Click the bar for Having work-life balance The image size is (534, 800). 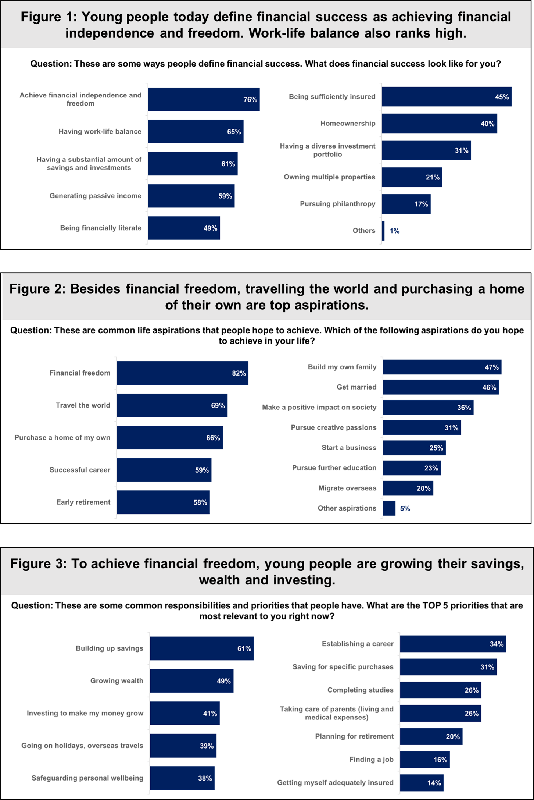pyautogui.click(x=196, y=131)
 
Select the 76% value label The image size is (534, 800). pyautogui.click(x=250, y=100)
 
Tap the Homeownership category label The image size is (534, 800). pyautogui.click(x=348, y=124)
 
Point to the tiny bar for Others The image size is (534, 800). pyautogui.click(x=383, y=231)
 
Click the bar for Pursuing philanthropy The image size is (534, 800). pyautogui.click(x=406, y=204)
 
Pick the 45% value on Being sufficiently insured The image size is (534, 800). pyautogui.click(x=502, y=97)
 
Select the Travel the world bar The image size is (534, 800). pyautogui.click(x=172, y=405)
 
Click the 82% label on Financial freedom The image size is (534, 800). pyautogui.click(x=239, y=373)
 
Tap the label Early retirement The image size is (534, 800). pyautogui.click(x=83, y=502)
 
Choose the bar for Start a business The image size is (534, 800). pyautogui.click(x=414, y=448)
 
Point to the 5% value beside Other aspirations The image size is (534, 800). pyautogui.click(x=405, y=508)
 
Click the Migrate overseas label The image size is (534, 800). pyautogui.click(x=347, y=488)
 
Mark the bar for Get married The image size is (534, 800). pyautogui.click(x=441, y=387)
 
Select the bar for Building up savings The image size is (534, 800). pyautogui.click(x=201, y=648)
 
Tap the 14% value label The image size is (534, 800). pyautogui.click(x=434, y=783)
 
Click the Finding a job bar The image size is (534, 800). pyautogui.click(x=424, y=760)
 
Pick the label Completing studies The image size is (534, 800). pyautogui.click(x=360, y=690)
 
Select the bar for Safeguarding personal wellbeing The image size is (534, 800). pyautogui.click(x=182, y=778)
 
